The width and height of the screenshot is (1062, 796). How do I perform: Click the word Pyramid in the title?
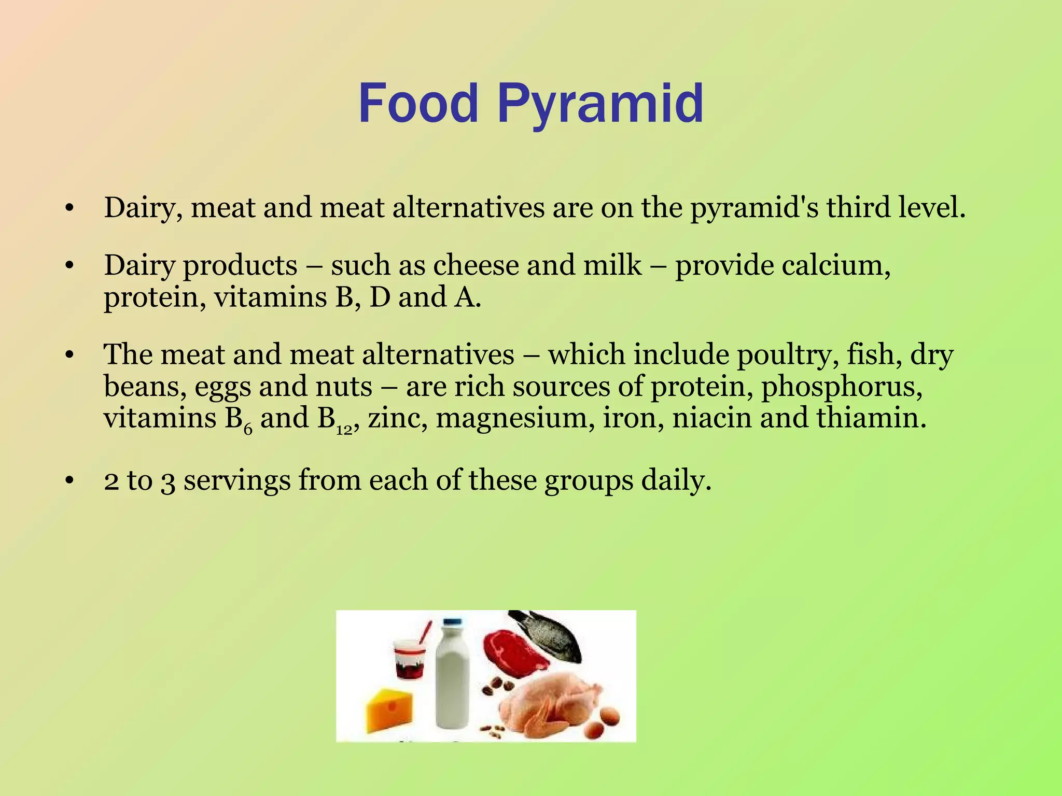coord(600,104)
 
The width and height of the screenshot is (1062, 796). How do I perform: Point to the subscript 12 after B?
coord(344,430)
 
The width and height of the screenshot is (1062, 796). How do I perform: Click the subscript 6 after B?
coord(248,429)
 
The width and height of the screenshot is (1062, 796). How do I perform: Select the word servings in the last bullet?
coord(237,480)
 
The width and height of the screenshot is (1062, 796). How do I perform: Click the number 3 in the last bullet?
coord(167,481)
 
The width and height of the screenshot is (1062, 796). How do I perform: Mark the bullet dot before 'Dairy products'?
coord(69,266)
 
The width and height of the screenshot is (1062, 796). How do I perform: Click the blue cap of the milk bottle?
coord(452,622)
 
